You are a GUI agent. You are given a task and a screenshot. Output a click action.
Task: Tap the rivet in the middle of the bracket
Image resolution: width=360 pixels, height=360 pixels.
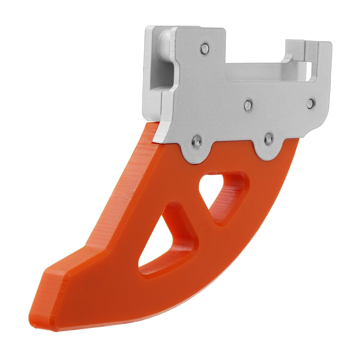(248, 105)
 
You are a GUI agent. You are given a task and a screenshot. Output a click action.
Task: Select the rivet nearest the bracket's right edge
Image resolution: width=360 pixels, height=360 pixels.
(311, 103)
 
